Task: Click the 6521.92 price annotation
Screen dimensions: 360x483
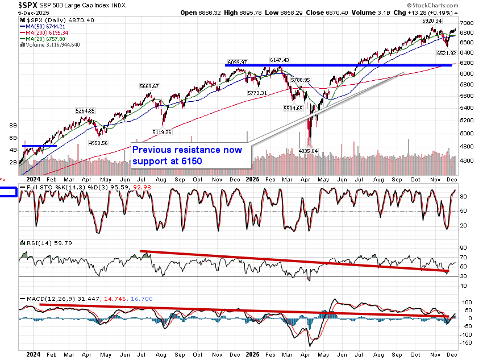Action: click(445, 53)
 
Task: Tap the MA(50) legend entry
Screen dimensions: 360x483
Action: click(42, 26)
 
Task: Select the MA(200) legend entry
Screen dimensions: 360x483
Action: click(44, 32)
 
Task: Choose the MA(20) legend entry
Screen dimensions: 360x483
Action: click(42, 38)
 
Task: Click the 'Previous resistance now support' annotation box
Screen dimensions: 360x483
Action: click(190, 155)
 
